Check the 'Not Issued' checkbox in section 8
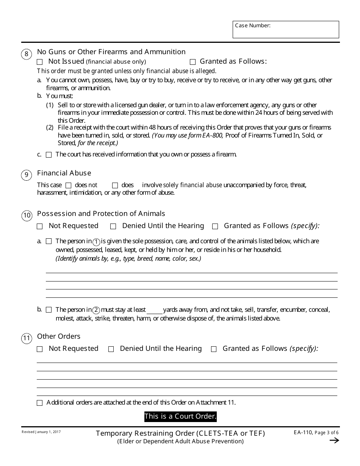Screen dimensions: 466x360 coord(40,62)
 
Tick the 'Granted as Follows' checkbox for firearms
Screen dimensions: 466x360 coord(193,62)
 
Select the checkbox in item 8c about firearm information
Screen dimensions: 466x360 coord(49,155)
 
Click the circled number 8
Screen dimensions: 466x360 coord(26,54)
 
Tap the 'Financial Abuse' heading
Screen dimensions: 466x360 coord(64,173)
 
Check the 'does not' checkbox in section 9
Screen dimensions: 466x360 coord(68,185)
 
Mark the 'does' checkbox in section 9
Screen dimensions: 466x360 coord(115,185)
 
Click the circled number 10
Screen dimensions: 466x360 coord(27,216)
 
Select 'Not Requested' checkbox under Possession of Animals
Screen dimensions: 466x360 coord(40,226)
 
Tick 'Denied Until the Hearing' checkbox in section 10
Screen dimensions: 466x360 coord(113,226)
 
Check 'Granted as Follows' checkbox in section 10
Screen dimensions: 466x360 coord(215,226)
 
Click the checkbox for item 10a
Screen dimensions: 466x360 coord(49,241)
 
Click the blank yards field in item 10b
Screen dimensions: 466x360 coord(154,310)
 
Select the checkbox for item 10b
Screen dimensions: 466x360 coord(49,310)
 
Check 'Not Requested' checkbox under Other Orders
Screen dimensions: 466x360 coord(40,349)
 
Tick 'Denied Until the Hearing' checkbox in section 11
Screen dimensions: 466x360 coord(111,349)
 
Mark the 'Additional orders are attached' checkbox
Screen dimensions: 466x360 coord(40,403)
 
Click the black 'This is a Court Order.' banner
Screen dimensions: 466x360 coord(180,417)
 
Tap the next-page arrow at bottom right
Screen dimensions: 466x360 coord(334,440)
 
